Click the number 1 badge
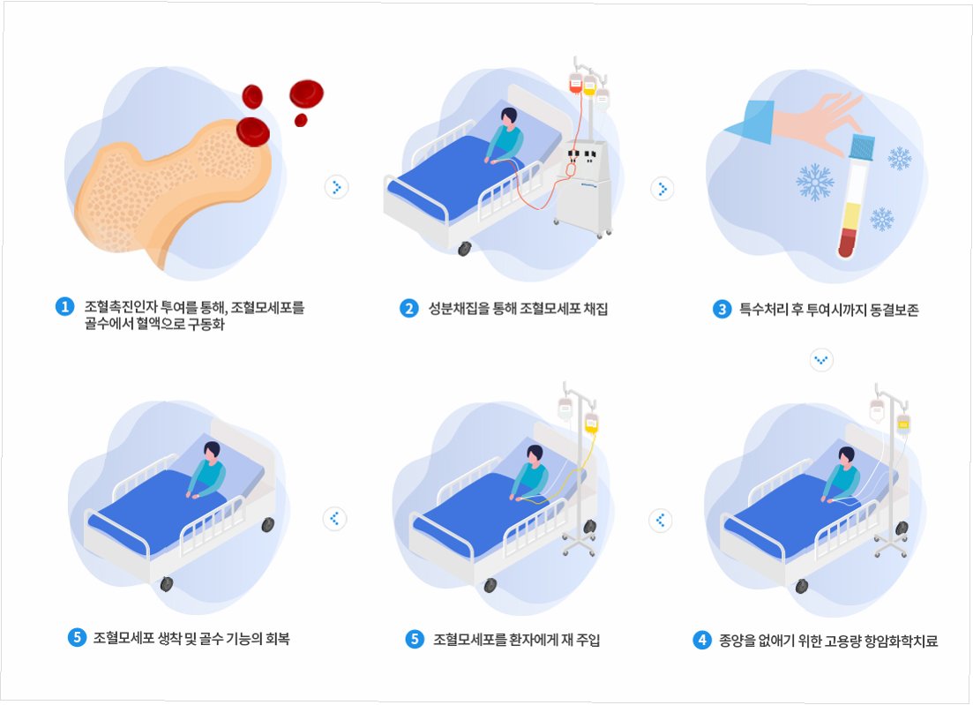pos(64,307)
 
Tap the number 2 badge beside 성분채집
pos(408,308)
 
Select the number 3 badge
pos(722,309)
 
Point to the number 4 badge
pos(702,641)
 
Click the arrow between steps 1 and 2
pos(336,187)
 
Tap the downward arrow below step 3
pos(821,360)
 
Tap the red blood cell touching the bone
pos(252,131)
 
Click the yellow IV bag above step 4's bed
pos(903,423)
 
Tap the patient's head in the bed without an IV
pos(212,449)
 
